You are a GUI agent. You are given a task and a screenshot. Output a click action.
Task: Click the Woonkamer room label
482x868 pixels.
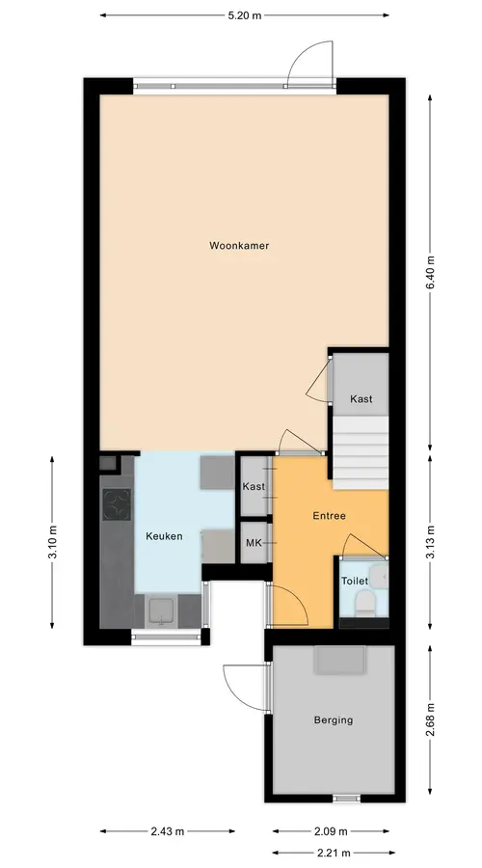[x=239, y=245]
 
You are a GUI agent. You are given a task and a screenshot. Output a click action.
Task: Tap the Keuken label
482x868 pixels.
[x=164, y=536]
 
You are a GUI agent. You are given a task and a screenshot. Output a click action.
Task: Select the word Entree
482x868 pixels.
[x=330, y=515]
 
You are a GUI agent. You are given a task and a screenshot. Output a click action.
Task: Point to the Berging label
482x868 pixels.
[x=334, y=720]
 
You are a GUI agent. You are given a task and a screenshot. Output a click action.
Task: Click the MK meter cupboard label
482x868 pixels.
[x=254, y=543]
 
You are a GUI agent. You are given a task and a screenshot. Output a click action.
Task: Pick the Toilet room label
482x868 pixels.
[x=354, y=581]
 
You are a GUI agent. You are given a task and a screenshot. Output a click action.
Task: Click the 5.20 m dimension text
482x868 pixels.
[x=244, y=15]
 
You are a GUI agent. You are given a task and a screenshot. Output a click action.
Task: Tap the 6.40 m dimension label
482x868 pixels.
[x=430, y=273]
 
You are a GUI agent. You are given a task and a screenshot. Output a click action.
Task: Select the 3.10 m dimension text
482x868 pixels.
[x=53, y=542]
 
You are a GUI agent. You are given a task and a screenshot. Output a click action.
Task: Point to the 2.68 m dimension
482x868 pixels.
[x=430, y=720]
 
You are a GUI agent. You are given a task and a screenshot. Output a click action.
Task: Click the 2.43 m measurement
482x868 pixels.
[x=167, y=831]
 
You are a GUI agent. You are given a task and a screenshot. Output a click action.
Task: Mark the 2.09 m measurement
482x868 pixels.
[x=331, y=831]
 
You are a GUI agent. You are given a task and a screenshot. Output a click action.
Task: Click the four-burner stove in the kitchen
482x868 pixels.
[x=117, y=504]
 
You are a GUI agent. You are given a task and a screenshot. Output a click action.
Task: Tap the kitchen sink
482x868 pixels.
[x=162, y=611]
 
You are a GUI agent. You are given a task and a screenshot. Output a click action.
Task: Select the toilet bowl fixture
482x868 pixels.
[x=364, y=602]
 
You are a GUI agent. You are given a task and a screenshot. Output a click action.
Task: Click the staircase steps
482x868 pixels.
[x=361, y=453]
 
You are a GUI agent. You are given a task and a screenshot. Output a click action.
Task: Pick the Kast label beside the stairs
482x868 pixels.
[x=361, y=398]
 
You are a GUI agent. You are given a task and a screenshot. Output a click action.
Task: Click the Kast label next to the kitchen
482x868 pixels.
[x=254, y=487]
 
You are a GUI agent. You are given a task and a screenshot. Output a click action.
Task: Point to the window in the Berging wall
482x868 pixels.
[x=346, y=799]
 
